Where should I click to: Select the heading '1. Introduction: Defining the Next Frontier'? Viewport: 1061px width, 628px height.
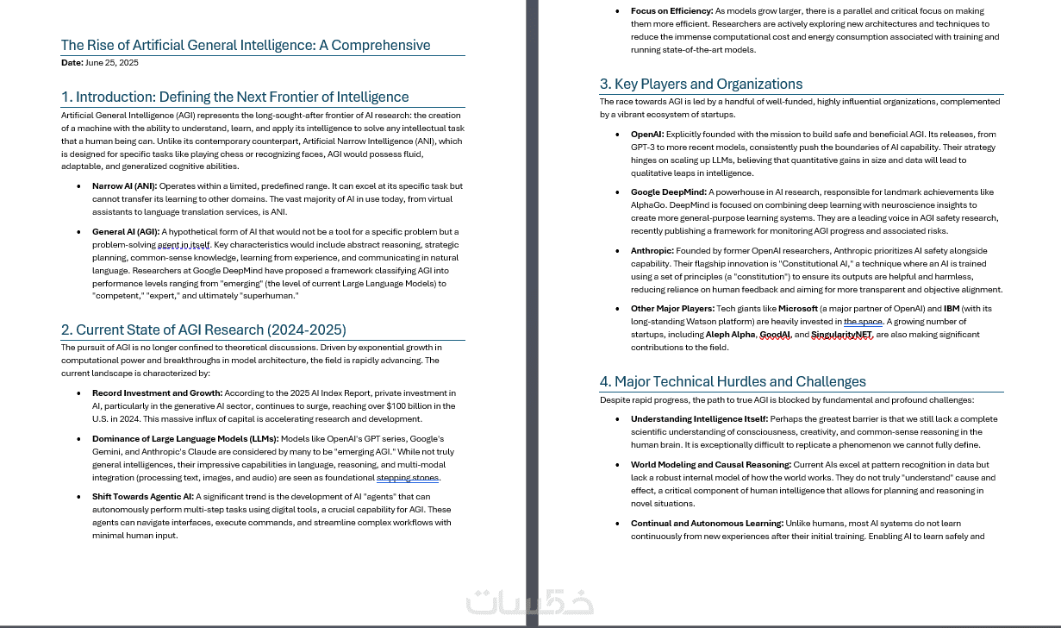point(234,97)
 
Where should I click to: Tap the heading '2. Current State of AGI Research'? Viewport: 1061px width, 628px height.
point(203,330)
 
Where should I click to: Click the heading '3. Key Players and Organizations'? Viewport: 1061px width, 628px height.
point(701,84)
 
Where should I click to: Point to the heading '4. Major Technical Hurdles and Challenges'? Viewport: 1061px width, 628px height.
point(733,381)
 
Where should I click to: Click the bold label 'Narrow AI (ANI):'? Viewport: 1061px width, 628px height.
point(124,185)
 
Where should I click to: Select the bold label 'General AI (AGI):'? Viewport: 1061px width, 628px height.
point(126,231)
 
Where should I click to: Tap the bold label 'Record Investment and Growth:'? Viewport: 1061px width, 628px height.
point(157,392)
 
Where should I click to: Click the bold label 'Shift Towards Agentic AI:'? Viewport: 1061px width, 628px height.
point(143,496)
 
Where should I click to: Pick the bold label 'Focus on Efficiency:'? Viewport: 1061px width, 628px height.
point(671,11)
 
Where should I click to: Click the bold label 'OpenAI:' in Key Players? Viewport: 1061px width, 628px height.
point(647,134)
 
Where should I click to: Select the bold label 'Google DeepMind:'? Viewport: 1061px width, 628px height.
point(668,192)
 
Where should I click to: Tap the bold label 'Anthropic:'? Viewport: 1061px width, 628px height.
point(652,251)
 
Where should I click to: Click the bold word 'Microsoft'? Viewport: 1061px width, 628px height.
point(797,308)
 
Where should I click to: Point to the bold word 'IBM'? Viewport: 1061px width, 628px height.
point(951,308)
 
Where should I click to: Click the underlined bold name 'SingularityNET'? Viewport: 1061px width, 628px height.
point(841,335)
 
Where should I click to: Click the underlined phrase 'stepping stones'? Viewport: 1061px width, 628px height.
point(408,477)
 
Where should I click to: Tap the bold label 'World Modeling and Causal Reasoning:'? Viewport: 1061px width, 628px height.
point(710,464)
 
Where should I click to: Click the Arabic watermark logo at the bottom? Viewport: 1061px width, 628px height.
point(529,602)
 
